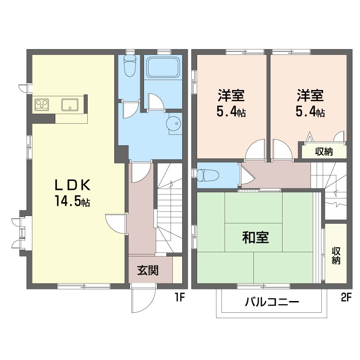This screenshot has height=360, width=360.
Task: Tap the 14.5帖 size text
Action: pos(73,201)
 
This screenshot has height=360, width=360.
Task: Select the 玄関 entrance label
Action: pos(148,270)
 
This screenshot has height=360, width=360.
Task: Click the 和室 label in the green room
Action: pos(256,237)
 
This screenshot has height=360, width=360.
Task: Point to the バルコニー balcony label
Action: pos(272,301)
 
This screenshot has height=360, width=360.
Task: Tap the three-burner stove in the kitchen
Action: pos(43,105)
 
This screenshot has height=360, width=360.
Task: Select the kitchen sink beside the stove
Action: pos(70,105)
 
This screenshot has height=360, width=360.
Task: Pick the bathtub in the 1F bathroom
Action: pos(164,68)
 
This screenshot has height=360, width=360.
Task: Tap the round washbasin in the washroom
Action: pos(174,122)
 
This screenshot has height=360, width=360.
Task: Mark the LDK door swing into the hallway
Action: pos(115,224)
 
